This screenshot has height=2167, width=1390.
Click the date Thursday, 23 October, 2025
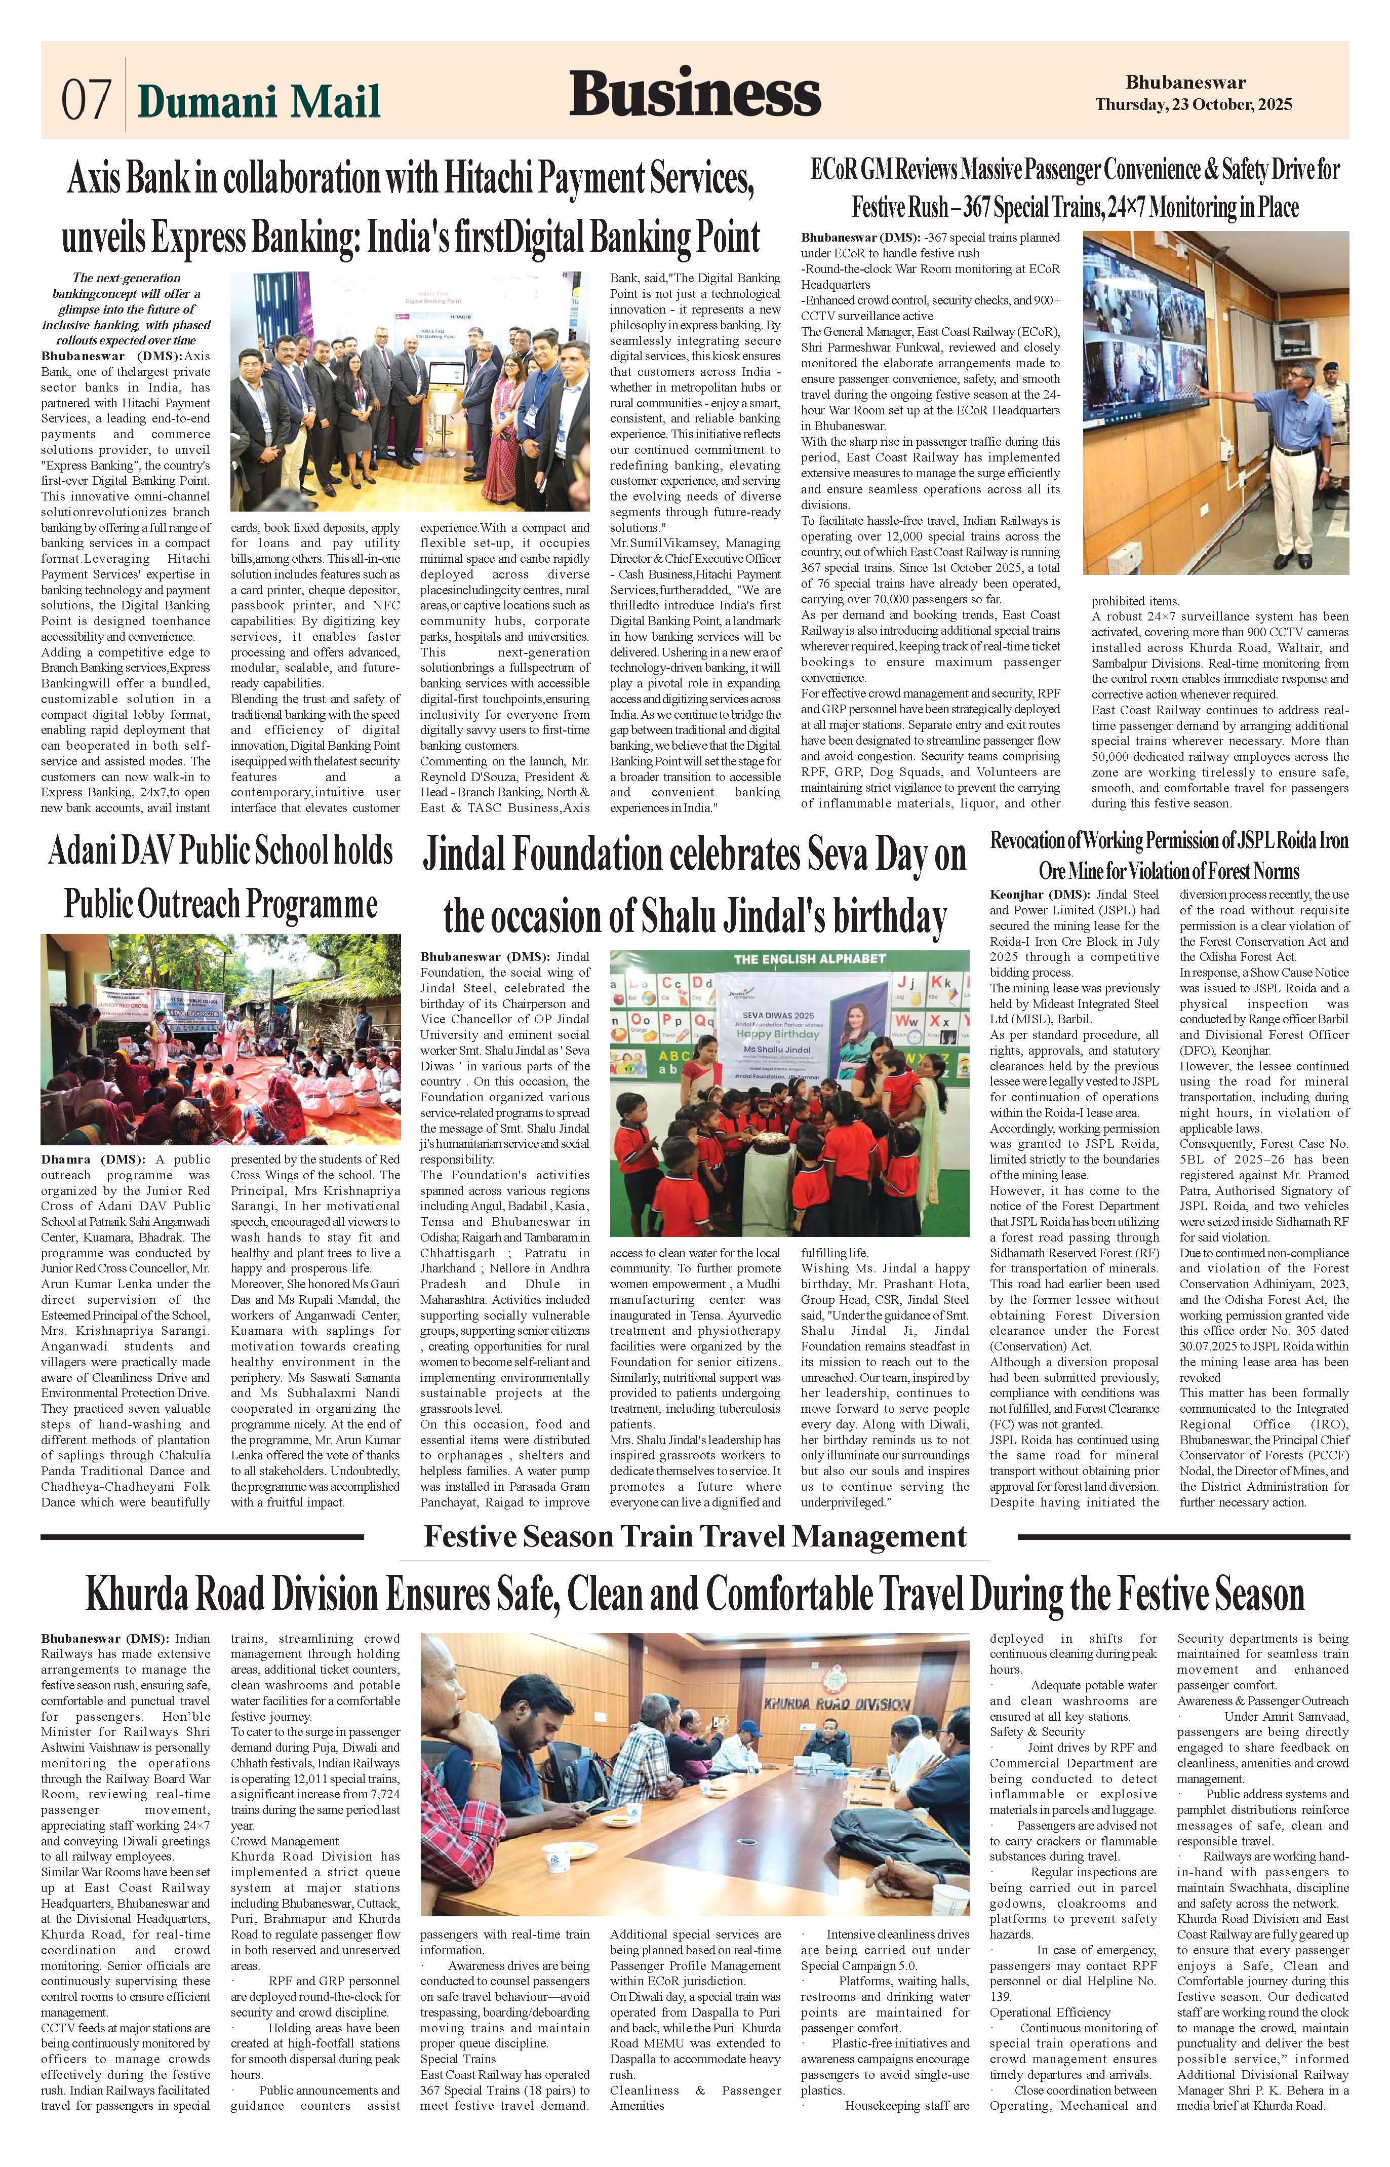(1193, 105)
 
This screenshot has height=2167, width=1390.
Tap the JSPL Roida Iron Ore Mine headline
(1169, 855)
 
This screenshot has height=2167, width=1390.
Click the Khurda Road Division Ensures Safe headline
(694, 1595)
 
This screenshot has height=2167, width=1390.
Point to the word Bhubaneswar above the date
(1185, 83)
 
